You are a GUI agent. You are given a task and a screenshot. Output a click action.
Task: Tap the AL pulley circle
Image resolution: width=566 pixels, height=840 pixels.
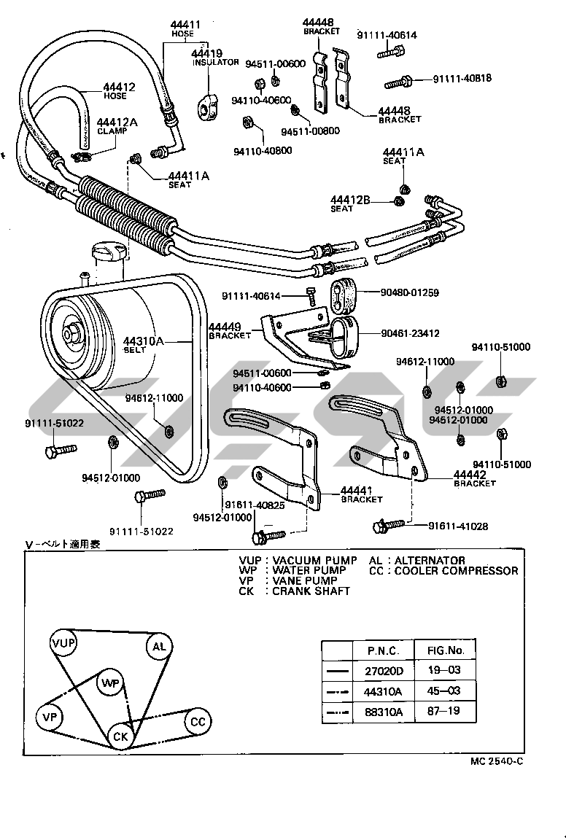(x=158, y=646)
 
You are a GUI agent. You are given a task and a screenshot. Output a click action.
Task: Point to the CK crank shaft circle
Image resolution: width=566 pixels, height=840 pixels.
(x=120, y=736)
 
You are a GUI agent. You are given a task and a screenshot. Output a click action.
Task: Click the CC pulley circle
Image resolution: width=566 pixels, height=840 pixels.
(x=198, y=722)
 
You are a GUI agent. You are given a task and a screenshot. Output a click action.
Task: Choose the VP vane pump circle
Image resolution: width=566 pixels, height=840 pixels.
(x=50, y=717)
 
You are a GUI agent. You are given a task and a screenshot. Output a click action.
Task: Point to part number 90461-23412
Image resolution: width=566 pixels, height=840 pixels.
(x=410, y=333)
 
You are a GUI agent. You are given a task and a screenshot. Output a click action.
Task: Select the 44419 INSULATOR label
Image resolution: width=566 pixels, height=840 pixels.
(x=215, y=58)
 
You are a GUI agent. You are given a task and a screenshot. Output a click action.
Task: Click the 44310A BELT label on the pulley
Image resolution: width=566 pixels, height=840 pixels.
(x=144, y=344)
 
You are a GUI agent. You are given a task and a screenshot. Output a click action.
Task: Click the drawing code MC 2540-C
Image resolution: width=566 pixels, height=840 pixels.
(x=496, y=761)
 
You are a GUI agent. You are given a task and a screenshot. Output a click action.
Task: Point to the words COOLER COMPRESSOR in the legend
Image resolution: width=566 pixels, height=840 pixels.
(x=456, y=571)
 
